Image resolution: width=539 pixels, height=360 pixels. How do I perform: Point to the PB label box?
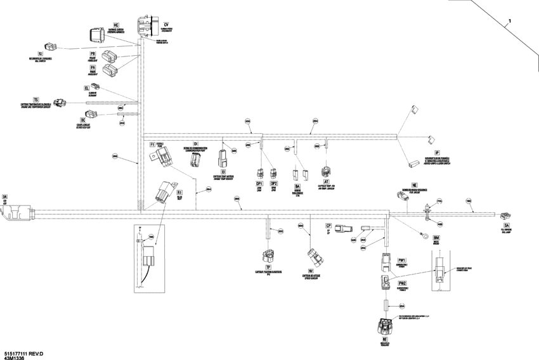coord(93,54)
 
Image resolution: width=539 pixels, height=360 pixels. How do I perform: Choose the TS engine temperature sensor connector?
coord(60,102)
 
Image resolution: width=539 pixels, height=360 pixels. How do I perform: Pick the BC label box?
coord(82,119)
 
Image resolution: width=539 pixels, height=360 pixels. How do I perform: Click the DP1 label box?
coord(259,183)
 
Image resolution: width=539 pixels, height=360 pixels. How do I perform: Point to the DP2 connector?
coord(273,172)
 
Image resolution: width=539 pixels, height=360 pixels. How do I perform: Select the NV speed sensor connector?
coord(313,257)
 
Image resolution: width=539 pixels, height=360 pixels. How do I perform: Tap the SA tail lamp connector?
coord(505,217)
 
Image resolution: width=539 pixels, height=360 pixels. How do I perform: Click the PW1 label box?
coord(401,260)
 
